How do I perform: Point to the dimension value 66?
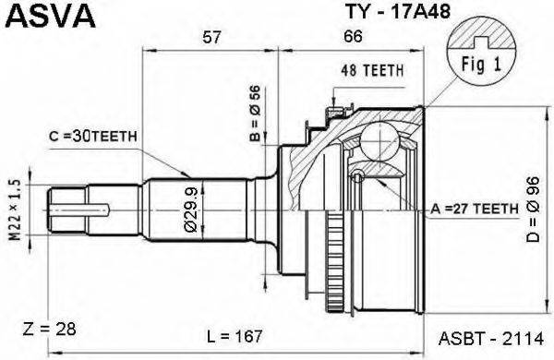coord(352,37)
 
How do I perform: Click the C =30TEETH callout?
coord(93,137)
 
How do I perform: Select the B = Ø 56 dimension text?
coord(257,114)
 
